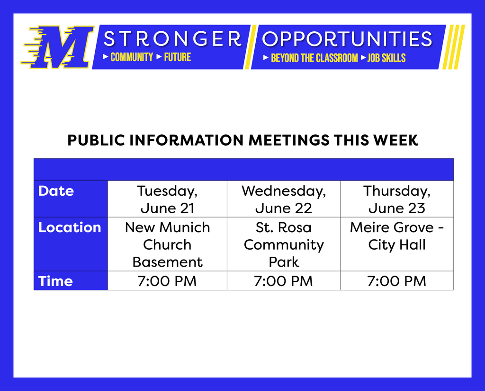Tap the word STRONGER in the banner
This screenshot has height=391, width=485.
click(172, 39)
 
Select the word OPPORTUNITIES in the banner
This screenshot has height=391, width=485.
click(347, 39)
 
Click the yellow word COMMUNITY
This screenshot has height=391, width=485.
click(132, 57)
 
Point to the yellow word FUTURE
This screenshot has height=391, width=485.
click(178, 57)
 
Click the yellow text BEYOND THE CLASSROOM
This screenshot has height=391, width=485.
click(314, 58)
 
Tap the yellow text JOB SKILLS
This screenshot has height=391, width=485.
click(386, 58)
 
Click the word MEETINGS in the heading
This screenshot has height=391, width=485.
click(289, 140)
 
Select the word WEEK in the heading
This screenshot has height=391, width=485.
click(396, 140)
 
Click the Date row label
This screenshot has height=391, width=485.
click(56, 191)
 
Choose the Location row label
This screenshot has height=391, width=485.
click(70, 227)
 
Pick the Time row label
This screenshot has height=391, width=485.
click(55, 281)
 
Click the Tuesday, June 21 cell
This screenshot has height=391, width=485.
click(167, 199)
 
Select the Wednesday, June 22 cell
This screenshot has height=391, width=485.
click(284, 199)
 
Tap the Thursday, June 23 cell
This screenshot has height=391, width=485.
click(397, 199)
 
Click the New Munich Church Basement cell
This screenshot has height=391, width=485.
click(167, 244)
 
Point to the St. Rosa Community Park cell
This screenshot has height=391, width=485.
click(284, 244)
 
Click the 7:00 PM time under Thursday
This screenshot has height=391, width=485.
click(397, 281)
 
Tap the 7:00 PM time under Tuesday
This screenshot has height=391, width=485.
click(167, 281)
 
